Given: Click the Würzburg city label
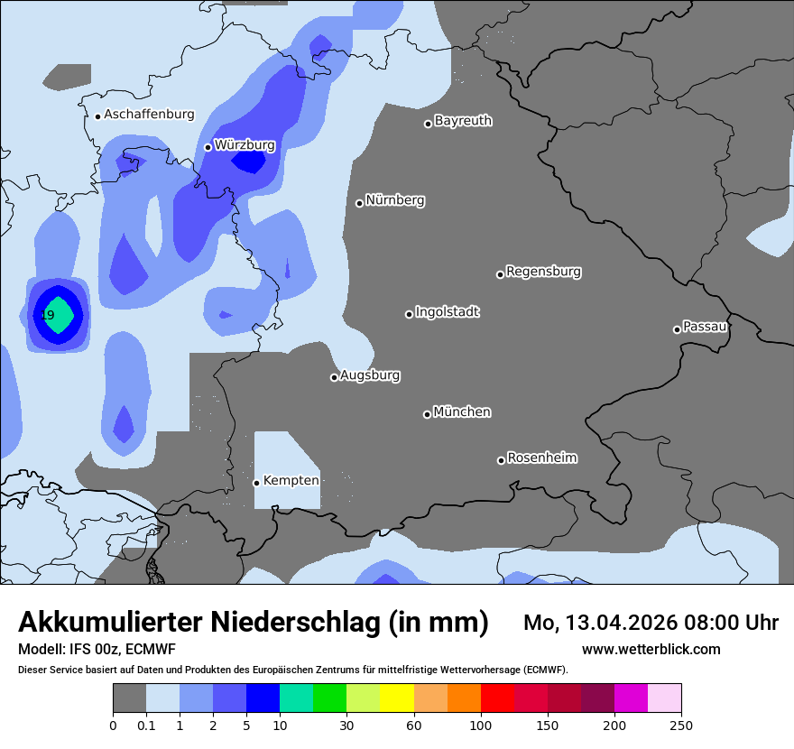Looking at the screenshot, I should coord(245,145).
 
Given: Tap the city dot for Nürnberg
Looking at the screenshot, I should coord(359,203).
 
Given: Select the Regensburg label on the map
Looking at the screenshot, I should coord(543,272).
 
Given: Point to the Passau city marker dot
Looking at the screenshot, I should coord(677,329).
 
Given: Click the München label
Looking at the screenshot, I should coord(462,412).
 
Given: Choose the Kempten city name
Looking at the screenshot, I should coord(291,481).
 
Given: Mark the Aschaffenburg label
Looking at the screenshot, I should coord(149,115).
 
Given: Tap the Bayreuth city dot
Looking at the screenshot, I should coord(429,124).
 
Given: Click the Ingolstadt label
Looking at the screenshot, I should coord(447,312).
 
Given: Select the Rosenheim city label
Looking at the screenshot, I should coord(541,458).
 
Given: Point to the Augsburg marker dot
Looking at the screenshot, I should coord(334,377).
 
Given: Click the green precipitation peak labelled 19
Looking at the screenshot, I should coord(56,315).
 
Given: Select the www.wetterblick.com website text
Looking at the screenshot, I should coord(651,650).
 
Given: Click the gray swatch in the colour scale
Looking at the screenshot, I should coord(129,698).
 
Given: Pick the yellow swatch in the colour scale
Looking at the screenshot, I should coord(397,698).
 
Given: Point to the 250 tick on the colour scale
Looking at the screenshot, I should coord(680,725).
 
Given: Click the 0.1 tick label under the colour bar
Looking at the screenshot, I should coord(145,725).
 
